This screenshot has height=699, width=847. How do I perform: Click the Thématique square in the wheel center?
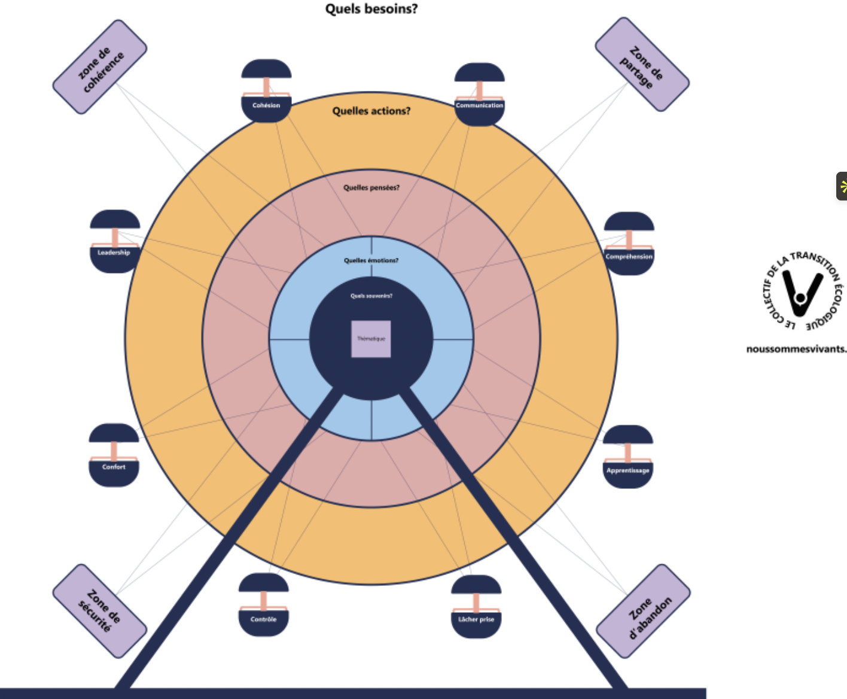371,339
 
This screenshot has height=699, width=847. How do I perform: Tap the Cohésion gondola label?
266,105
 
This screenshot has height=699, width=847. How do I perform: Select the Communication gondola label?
479,105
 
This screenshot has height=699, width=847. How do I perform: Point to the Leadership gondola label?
114,253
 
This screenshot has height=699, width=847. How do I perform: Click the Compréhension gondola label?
629,257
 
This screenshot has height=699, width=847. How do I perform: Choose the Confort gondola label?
114,467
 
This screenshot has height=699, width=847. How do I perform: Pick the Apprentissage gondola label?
627,470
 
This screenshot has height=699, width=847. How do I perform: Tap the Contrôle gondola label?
264,619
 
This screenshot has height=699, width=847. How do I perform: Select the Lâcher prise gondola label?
476,619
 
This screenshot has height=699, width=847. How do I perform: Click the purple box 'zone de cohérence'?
100,66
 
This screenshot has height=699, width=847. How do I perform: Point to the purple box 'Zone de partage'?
642,64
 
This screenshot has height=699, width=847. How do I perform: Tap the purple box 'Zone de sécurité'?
100,610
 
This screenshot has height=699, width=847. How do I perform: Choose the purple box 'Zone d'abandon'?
644,610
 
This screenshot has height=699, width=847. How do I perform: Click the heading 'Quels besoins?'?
371,9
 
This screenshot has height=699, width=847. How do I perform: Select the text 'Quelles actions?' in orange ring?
371,111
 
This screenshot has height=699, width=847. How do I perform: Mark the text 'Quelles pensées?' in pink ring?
371,187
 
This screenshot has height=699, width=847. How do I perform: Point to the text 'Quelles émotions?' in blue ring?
371,260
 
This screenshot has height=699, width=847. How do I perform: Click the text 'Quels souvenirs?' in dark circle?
371,296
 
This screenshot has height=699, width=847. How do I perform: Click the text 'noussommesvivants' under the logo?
796,349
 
